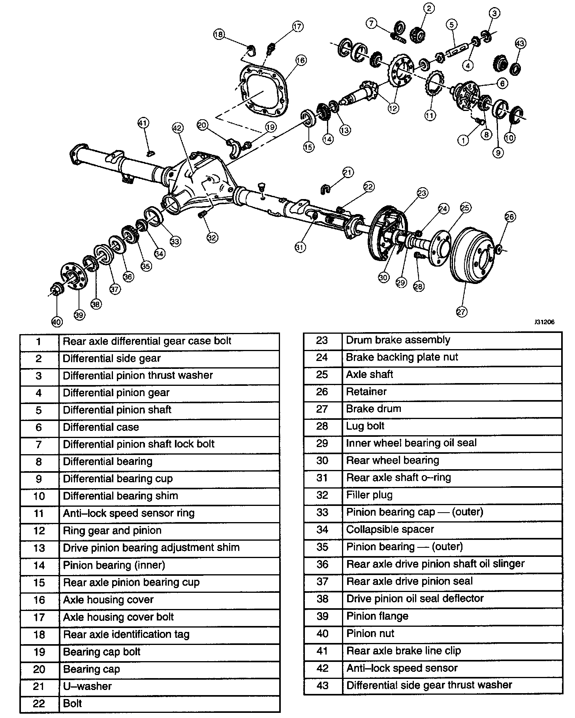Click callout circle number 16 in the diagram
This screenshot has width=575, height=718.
(x=301, y=60)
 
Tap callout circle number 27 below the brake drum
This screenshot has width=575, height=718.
(x=461, y=312)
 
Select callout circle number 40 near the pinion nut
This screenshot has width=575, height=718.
(x=57, y=322)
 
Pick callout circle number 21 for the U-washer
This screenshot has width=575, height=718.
(x=348, y=173)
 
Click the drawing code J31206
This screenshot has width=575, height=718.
(x=545, y=322)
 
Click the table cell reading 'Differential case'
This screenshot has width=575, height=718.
(x=101, y=427)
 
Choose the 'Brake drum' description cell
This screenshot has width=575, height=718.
(x=374, y=409)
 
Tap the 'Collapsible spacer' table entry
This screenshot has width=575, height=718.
(x=390, y=529)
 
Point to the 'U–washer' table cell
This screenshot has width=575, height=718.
(x=87, y=686)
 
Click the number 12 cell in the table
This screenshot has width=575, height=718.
(x=39, y=531)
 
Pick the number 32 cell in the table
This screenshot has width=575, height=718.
(x=322, y=495)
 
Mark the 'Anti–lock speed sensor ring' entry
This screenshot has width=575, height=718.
(x=129, y=513)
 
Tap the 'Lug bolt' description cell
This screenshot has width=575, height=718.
(x=365, y=426)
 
